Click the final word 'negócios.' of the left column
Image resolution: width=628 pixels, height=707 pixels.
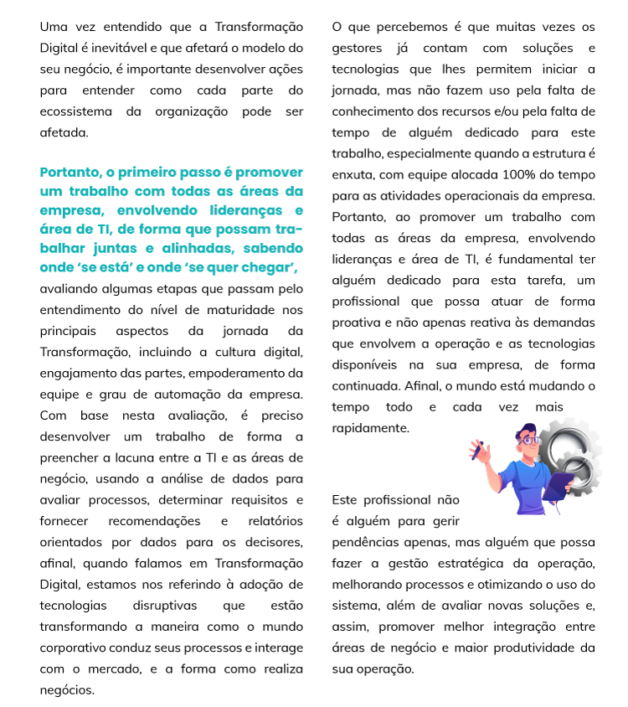(x=67, y=689)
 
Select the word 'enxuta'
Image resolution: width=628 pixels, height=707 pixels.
(x=353, y=175)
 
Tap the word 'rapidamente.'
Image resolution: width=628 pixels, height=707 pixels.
(x=370, y=427)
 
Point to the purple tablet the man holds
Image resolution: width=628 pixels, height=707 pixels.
(x=557, y=485)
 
